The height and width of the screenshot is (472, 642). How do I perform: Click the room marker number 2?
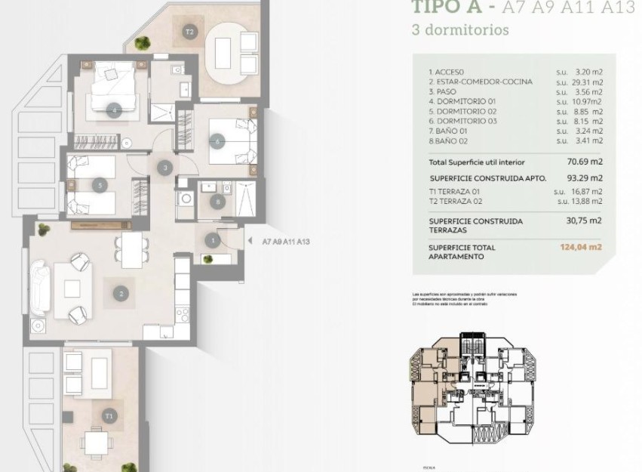click(120, 292)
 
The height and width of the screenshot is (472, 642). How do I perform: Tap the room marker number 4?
click(114, 110)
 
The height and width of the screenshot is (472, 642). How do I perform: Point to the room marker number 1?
click(213, 241)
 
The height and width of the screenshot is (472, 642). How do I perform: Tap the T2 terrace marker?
click(189, 32)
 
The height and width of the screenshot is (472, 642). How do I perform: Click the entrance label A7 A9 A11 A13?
click(286, 242)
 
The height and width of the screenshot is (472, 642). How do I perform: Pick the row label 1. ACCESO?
click(447, 72)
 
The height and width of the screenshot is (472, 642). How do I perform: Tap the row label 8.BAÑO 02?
click(450, 140)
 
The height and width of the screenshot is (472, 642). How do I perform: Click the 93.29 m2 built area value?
click(585, 178)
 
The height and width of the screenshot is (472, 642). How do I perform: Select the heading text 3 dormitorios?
click(460, 31)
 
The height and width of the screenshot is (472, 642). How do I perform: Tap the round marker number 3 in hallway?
click(164, 167)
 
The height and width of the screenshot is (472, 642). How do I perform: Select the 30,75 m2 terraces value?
click(585, 221)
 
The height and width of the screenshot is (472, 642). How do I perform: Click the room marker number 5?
click(99, 184)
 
